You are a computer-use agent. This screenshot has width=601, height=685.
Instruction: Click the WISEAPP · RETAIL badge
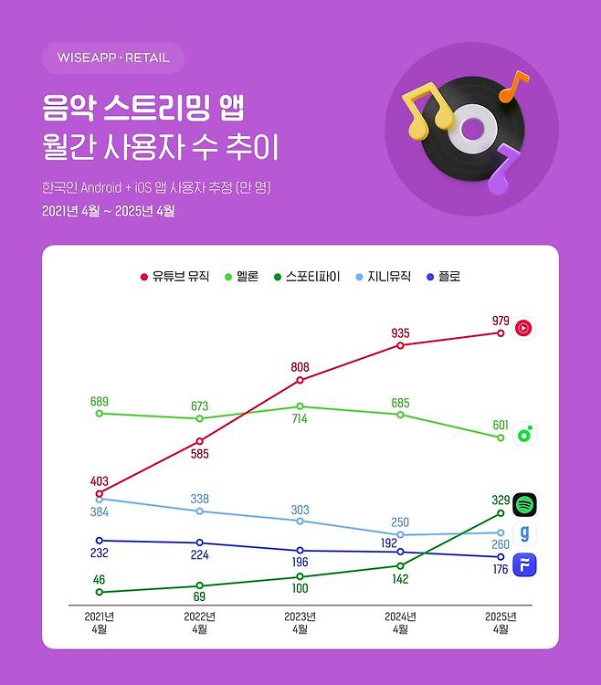coord(112,58)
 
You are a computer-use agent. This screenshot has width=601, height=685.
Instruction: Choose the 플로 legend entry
coord(442,276)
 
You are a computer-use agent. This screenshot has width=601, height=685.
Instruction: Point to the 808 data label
coord(300,367)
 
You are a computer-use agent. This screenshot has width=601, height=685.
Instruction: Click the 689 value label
coord(100,402)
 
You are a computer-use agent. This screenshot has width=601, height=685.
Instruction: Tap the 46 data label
coord(99,579)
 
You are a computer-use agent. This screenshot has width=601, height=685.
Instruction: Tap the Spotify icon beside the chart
coord(524,503)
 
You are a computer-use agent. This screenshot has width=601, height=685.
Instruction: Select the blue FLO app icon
coord(524,564)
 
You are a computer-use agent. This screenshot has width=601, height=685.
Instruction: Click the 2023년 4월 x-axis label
coord(300,623)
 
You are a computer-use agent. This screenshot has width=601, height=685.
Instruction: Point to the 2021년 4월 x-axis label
coord(99,623)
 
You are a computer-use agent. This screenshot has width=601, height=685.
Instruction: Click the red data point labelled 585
coord(199,441)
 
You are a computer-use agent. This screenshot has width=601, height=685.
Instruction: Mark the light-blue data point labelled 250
coord(400,534)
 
